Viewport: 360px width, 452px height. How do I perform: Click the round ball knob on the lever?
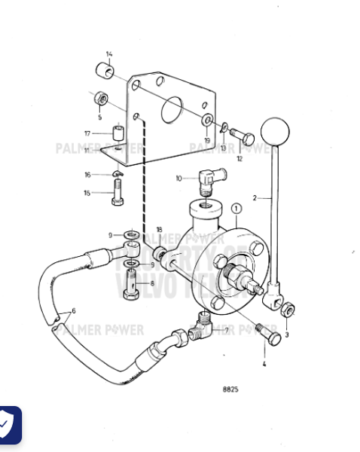(x=275, y=133)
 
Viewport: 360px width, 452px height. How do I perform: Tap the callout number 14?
(x=109, y=54)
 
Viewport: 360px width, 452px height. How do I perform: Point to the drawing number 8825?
(x=230, y=389)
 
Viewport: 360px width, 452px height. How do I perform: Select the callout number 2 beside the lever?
(x=255, y=198)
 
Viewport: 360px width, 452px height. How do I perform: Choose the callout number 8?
(x=151, y=284)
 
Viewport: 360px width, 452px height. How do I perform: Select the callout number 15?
(x=87, y=194)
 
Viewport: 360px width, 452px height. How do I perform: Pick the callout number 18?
(x=159, y=230)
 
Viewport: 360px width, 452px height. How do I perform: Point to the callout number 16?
(x=87, y=175)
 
